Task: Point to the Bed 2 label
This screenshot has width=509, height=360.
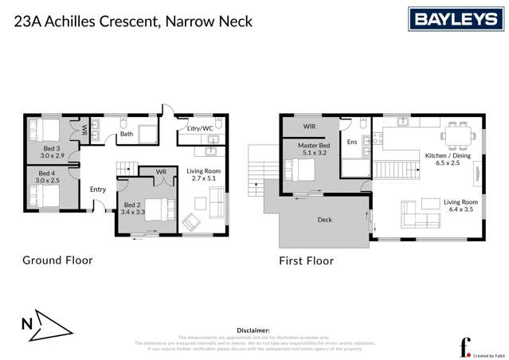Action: [x=131, y=208]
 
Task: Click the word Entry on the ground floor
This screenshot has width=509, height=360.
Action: [x=97, y=190]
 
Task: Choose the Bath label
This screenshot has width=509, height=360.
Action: [x=127, y=134]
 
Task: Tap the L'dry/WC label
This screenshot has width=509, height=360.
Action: [x=199, y=128]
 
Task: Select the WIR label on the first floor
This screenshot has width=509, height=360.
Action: [x=309, y=126]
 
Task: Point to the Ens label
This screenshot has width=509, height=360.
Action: [x=352, y=142]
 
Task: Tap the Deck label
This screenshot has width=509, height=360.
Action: [x=324, y=220]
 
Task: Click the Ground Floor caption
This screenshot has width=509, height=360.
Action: [x=57, y=260]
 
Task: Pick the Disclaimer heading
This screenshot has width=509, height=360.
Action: [x=253, y=329]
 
